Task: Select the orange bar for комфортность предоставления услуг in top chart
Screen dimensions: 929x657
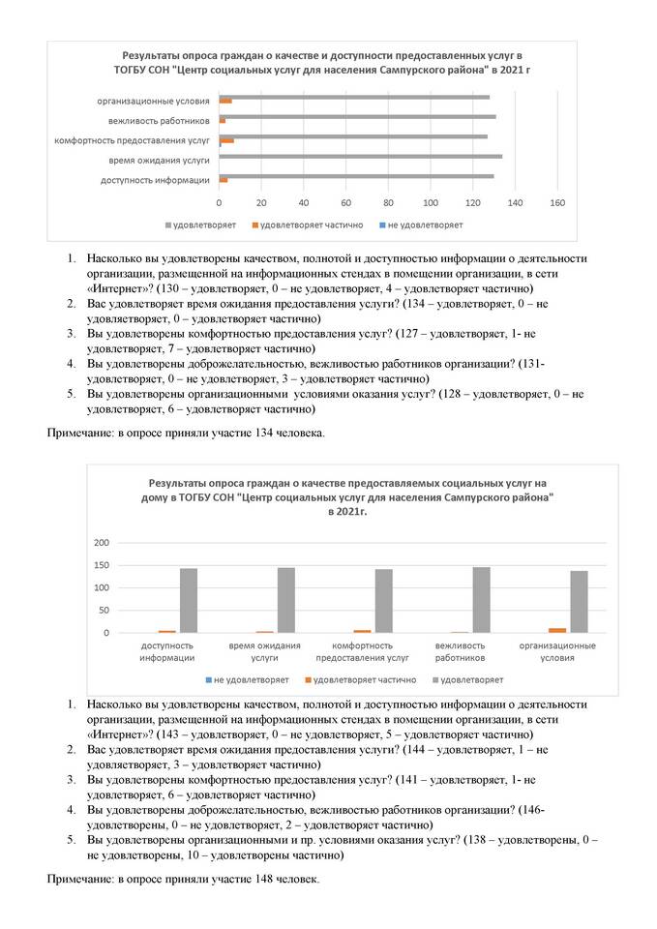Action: click(x=226, y=140)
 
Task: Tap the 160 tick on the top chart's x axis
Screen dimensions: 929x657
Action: click(x=557, y=203)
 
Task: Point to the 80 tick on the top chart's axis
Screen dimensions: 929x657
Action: click(x=388, y=203)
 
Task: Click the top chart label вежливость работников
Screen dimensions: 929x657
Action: click(x=159, y=120)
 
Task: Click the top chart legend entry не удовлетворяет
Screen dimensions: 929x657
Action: click(x=425, y=225)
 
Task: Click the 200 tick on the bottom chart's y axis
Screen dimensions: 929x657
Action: click(x=102, y=542)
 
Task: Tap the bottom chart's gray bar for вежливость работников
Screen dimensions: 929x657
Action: click(x=481, y=600)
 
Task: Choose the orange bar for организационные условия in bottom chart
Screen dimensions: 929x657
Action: click(x=557, y=630)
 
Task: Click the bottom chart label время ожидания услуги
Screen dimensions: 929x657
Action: click(x=265, y=651)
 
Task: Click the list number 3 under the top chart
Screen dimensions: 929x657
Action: click(x=72, y=332)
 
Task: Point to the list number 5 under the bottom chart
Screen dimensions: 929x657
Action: click(x=72, y=841)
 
